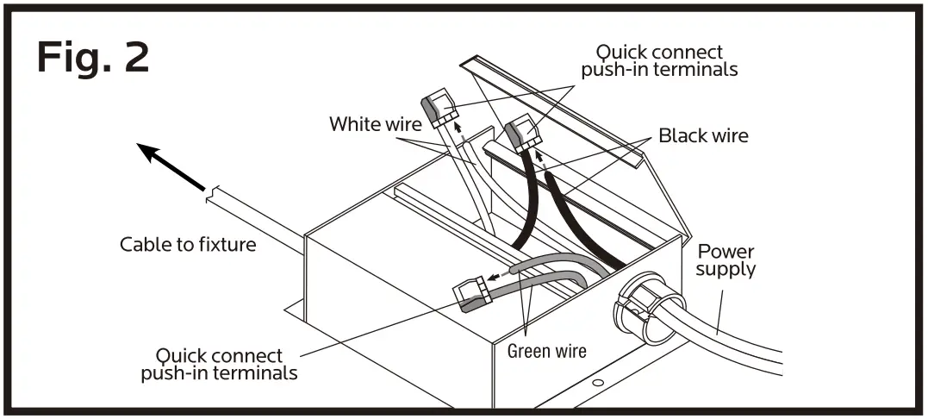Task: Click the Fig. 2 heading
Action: (93, 58)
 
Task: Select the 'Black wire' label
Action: (703, 135)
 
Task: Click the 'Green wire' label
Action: (546, 351)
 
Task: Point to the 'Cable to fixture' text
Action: (188, 245)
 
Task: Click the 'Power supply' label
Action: (726, 260)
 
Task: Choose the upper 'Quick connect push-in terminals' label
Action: (659, 61)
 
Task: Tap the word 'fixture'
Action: (227, 245)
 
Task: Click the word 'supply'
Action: (726, 269)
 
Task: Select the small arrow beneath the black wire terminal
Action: (538, 158)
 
